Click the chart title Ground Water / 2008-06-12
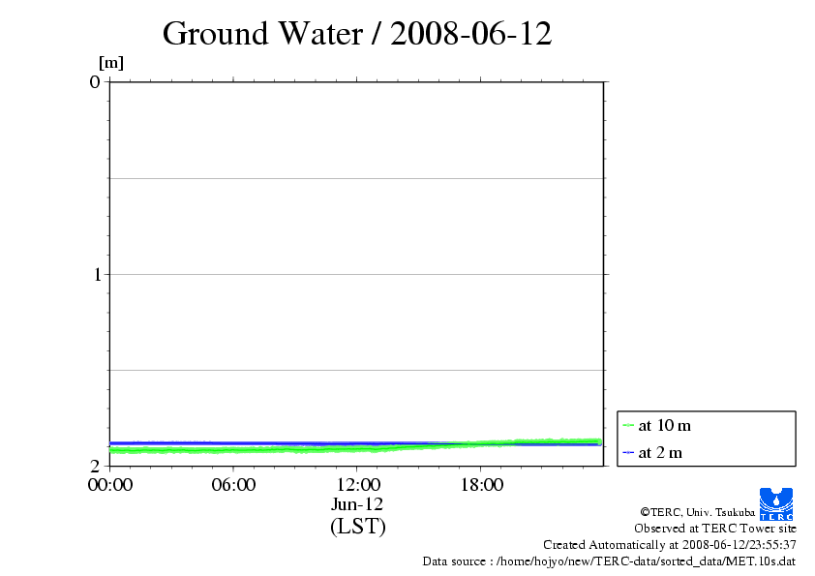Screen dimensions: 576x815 357,34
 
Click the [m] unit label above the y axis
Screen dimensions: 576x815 111,63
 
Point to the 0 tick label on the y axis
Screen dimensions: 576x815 95,81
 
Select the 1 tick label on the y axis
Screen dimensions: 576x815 95,274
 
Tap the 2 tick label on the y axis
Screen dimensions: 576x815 95,466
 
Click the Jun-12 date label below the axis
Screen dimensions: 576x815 357,504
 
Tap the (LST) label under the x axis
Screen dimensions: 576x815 357,527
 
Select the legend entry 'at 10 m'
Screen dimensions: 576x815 665,425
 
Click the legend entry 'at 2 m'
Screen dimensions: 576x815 661,452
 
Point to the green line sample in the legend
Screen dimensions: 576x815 628,425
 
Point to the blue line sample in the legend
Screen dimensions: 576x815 628,452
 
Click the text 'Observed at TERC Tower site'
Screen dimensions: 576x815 715,529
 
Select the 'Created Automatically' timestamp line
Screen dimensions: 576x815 670,545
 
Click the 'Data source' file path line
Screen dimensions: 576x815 609,561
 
